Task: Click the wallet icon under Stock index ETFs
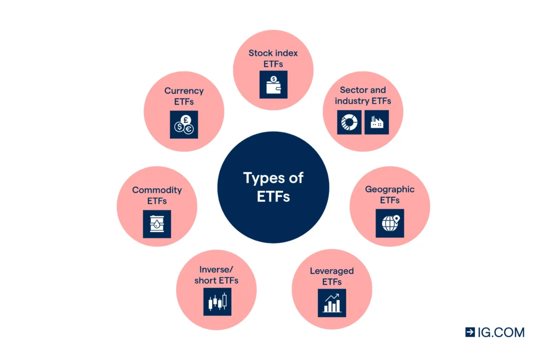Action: click(273, 84)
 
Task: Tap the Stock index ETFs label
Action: click(273, 58)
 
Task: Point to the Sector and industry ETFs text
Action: click(363, 96)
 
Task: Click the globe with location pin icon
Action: click(390, 223)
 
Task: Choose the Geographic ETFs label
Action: click(389, 194)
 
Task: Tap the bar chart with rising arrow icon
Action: click(331, 302)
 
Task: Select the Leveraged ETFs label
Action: click(331, 276)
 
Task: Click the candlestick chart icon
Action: click(217, 302)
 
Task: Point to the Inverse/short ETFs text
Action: click(216, 275)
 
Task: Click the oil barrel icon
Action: click(157, 224)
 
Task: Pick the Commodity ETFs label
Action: click(157, 195)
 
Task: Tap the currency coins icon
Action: click(184, 124)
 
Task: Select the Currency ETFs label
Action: click(184, 96)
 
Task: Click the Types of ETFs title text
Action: click(273, 186)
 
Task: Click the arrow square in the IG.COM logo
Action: click(470, 332)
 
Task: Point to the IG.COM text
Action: click(501, 332)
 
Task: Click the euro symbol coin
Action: click(189, 129)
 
